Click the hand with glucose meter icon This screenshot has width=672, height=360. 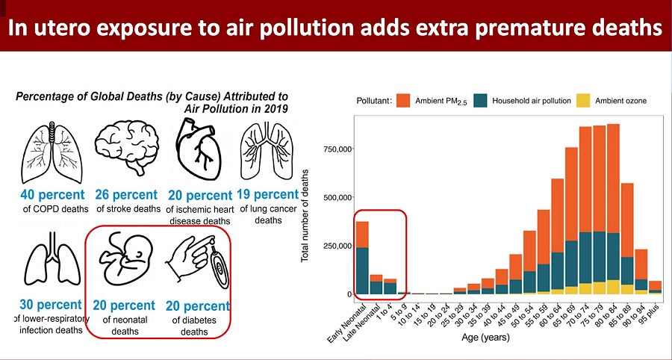pos(196,266)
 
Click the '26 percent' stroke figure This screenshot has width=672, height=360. pos(125,195)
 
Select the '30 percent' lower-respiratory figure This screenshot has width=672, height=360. pos(50,305)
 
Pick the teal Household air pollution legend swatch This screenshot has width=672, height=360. pos(481,100)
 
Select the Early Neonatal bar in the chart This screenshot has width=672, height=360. pos(361,258)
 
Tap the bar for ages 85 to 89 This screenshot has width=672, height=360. pos(627,239)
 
